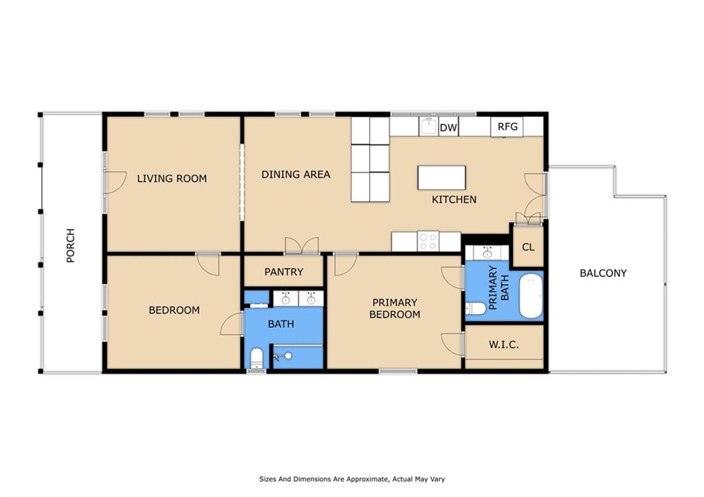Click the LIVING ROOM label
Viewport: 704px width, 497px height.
coord(172,178)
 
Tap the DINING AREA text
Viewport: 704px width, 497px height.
coord(296,174)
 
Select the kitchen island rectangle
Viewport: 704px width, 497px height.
coord(442,178)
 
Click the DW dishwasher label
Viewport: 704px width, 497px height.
coord(448,128)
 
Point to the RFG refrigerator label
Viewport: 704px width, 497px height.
coord(507,126)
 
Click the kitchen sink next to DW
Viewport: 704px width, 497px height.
coord(428,126)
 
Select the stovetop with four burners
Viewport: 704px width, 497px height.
coord(428,241)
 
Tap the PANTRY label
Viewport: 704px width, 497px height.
coord(284,272)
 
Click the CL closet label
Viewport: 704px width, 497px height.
coord(529,247)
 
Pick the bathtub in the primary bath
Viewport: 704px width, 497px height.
coord(531,296)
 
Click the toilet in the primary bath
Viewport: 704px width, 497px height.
coord(476,309)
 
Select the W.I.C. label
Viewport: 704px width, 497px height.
coord(504,345)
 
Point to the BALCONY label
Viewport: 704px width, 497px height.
coord(603,273)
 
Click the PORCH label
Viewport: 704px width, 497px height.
coord(71,245)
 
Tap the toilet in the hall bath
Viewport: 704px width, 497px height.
coord(256,357)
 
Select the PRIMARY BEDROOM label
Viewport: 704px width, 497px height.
coord(395,309)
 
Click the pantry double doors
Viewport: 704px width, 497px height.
coord(302,246)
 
